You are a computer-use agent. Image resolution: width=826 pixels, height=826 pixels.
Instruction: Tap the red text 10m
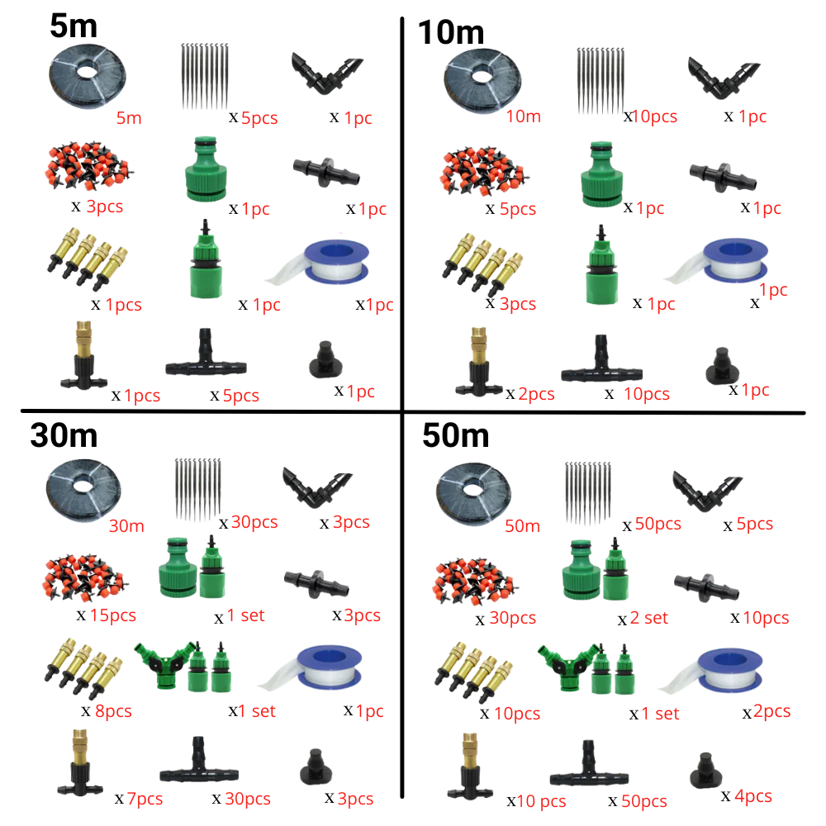click(524, 116)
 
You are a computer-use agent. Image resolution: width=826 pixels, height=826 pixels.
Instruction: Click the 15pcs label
click(112, 615)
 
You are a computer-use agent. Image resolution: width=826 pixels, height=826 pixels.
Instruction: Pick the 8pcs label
click(112, 711)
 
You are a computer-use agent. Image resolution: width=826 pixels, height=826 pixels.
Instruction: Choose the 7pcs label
click(145, 799)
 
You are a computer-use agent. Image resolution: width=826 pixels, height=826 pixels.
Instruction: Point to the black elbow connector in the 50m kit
click(707, 491)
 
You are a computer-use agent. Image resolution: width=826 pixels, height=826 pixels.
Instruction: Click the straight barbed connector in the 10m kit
click(722, 173)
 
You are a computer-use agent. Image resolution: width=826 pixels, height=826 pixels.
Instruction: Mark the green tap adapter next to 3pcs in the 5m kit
click(202, 169)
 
